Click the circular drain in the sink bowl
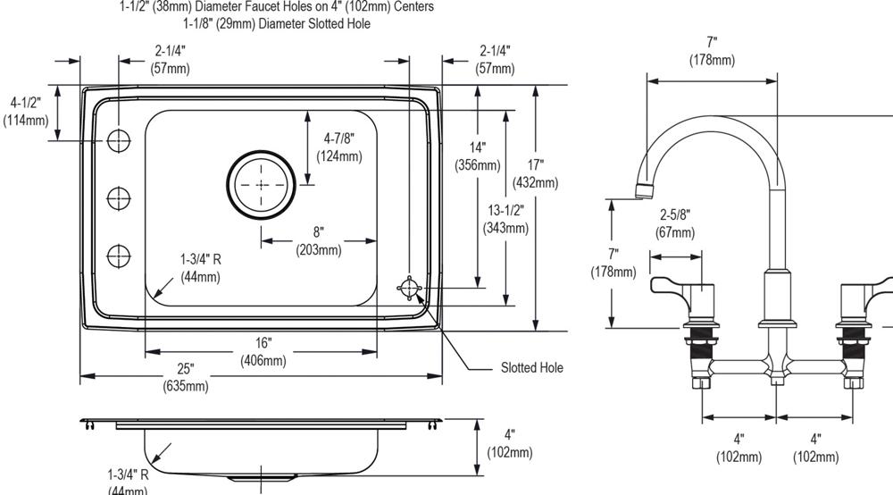[261, 185]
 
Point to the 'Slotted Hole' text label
[531, 367]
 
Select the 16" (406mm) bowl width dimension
[263, 352]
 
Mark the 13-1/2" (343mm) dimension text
[505, 219]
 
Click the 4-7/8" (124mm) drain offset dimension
[339, 147]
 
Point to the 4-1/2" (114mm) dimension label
[26, 112]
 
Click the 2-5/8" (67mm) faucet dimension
[675, 223]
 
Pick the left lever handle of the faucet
[679, 286]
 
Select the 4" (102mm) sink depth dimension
[509, 444]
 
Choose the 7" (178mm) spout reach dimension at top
[712, 51]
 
